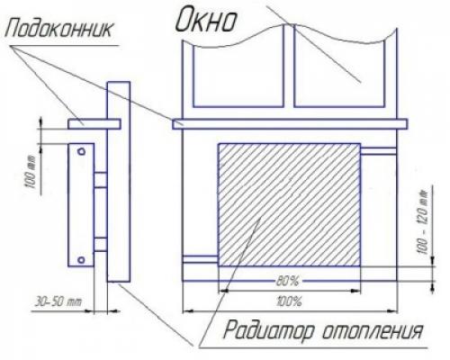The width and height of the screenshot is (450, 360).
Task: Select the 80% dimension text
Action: pyautogui.click(x=288, y=282)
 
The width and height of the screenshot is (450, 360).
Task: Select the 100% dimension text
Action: pyautogui.click(x=290, y=300)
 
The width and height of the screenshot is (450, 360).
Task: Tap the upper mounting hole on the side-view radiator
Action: pyautogui.click(x=82, y=151)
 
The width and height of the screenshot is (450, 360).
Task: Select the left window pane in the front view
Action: pyautogui.click(x=235, y=76)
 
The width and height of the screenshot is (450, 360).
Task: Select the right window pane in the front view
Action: pyautogui.click(x=342, y=76)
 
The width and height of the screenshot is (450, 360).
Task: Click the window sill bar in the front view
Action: pyautogui.click(x=288, y=122)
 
